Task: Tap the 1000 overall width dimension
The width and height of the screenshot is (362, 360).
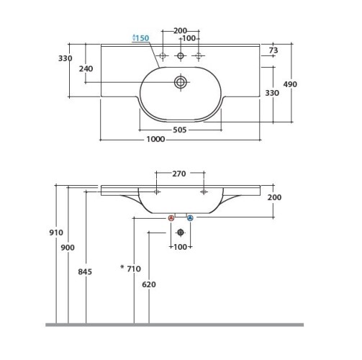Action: [x=155, y=139]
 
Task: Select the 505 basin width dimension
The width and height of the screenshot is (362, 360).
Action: [x=180, y=130]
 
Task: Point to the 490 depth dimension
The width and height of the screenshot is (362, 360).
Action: [x=290, y=84]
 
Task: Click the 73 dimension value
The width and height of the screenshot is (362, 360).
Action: [x=273, y=50]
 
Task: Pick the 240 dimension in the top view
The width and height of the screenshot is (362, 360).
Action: [x=86, y=69]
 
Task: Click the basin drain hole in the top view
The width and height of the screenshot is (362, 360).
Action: [x=181, y=82]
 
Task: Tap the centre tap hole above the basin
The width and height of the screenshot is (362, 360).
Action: [x=181, y=56]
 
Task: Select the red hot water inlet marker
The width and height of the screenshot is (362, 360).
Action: [x=171, y=218]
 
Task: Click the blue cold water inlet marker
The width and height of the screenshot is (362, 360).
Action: [x=190, y=218]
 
